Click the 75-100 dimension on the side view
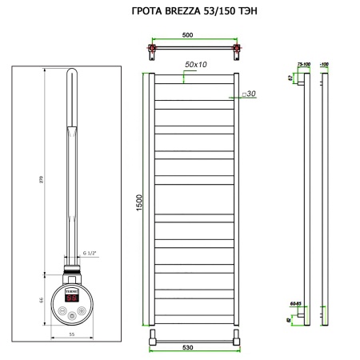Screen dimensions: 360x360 pyautogui.click(x=302, y=62)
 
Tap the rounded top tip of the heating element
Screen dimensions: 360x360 pyautogui.click(x=70, y=72)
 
